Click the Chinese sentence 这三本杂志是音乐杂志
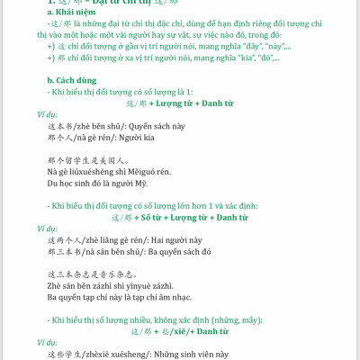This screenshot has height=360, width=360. pyautogui.click(x=91, y=274)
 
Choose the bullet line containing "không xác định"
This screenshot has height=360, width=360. pyautogui.click(x=162, y=319)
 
